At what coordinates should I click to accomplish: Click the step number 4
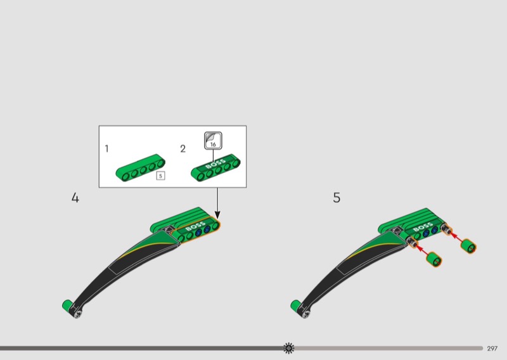(x=75, y=198)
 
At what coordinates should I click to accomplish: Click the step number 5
(x=337, y=198)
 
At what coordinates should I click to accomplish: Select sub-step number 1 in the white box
(x=106, y=148)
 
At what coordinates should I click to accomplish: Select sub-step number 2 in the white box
(x=183, y=149)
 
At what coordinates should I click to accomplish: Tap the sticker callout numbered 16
(x=213, y=141)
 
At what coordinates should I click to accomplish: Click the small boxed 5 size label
(x=160, y=176)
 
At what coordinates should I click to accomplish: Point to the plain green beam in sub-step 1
(x=140, y=167)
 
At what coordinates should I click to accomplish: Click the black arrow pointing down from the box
(x=217, y=203)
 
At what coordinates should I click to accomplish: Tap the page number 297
(x=492, y=349)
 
